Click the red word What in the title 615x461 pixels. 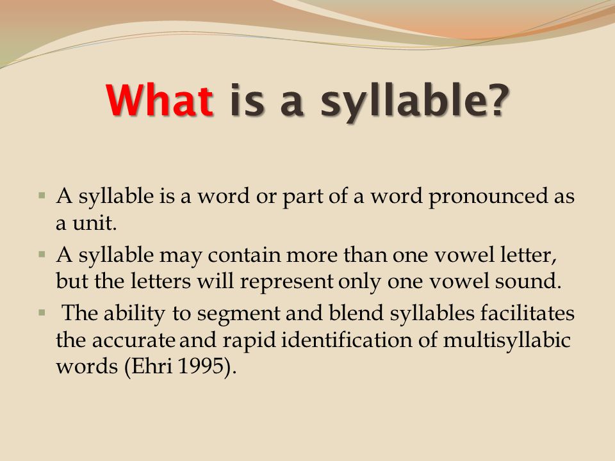(160, 100)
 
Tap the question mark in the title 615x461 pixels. (497, 100)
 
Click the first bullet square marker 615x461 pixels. (42, 195)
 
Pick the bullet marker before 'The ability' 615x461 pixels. (42, 312)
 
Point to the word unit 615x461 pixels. (95, 223)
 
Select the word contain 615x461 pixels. (244, 255)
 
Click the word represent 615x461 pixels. (287, 282)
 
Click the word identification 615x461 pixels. (347, 339)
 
